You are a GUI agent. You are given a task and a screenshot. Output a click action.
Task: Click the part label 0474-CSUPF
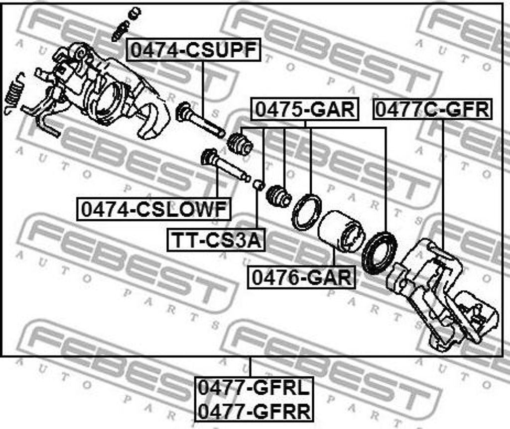(x=194, y=50)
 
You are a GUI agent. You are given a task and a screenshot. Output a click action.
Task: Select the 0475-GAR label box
(x=305, y=109)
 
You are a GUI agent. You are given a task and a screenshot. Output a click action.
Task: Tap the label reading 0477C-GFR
(x=432, y=109)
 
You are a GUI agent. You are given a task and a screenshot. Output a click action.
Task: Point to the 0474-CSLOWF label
(x=153, y=209)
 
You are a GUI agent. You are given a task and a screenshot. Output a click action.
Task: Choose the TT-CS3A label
(x=216, y=240)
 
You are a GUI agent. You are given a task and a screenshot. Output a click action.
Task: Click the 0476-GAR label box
(x=301, y=277)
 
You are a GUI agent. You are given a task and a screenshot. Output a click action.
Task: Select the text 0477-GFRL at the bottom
(x=254, y=388)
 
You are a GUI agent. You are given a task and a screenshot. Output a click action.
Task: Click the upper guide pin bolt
(x=200, y=120)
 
